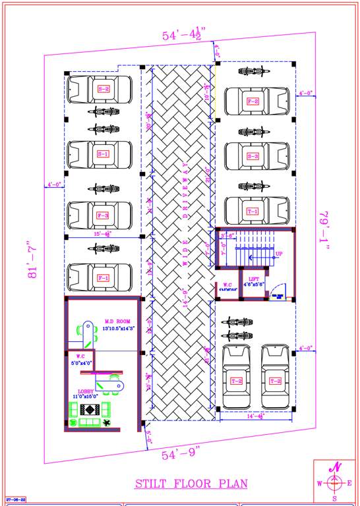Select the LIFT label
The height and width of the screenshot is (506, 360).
coord(254,280)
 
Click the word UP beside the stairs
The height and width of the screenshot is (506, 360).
coord(279,254)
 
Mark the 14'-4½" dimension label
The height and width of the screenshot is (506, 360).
coord(255,416)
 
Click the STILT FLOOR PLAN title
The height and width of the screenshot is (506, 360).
coord(191,484)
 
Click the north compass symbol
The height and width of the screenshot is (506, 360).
coord(335,482)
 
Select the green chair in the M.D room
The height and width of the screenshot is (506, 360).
coord(86,329)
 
